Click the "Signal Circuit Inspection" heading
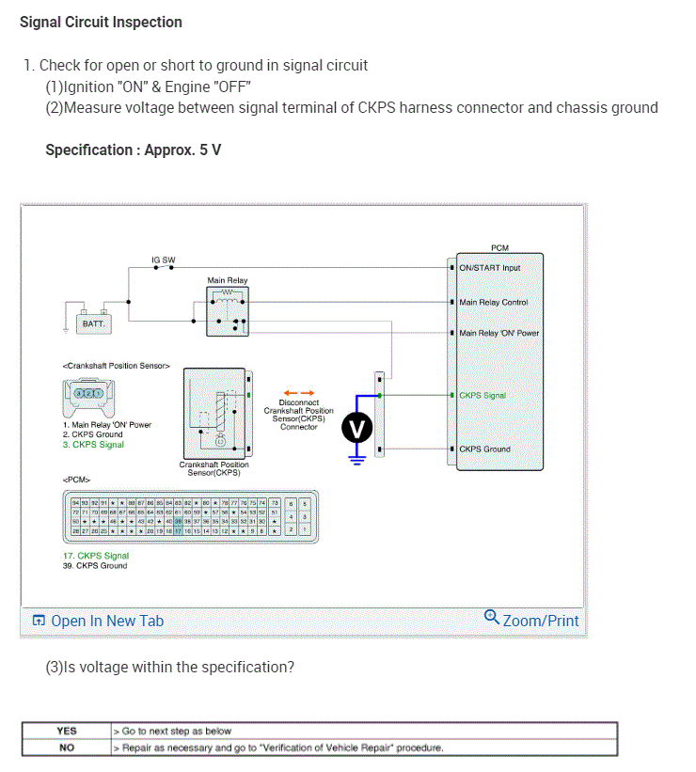(101, 22)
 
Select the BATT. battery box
(95, 322)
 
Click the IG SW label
(163, 260)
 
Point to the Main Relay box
(228, 309)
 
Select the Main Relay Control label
(493, 303)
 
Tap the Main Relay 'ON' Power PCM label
(498, 333)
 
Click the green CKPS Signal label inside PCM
(482, 396)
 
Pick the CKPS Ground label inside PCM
(484, 449)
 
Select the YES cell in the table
(67, 731)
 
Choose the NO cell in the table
(67, 748)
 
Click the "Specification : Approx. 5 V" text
(134, 150)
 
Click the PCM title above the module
(499, 247)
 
